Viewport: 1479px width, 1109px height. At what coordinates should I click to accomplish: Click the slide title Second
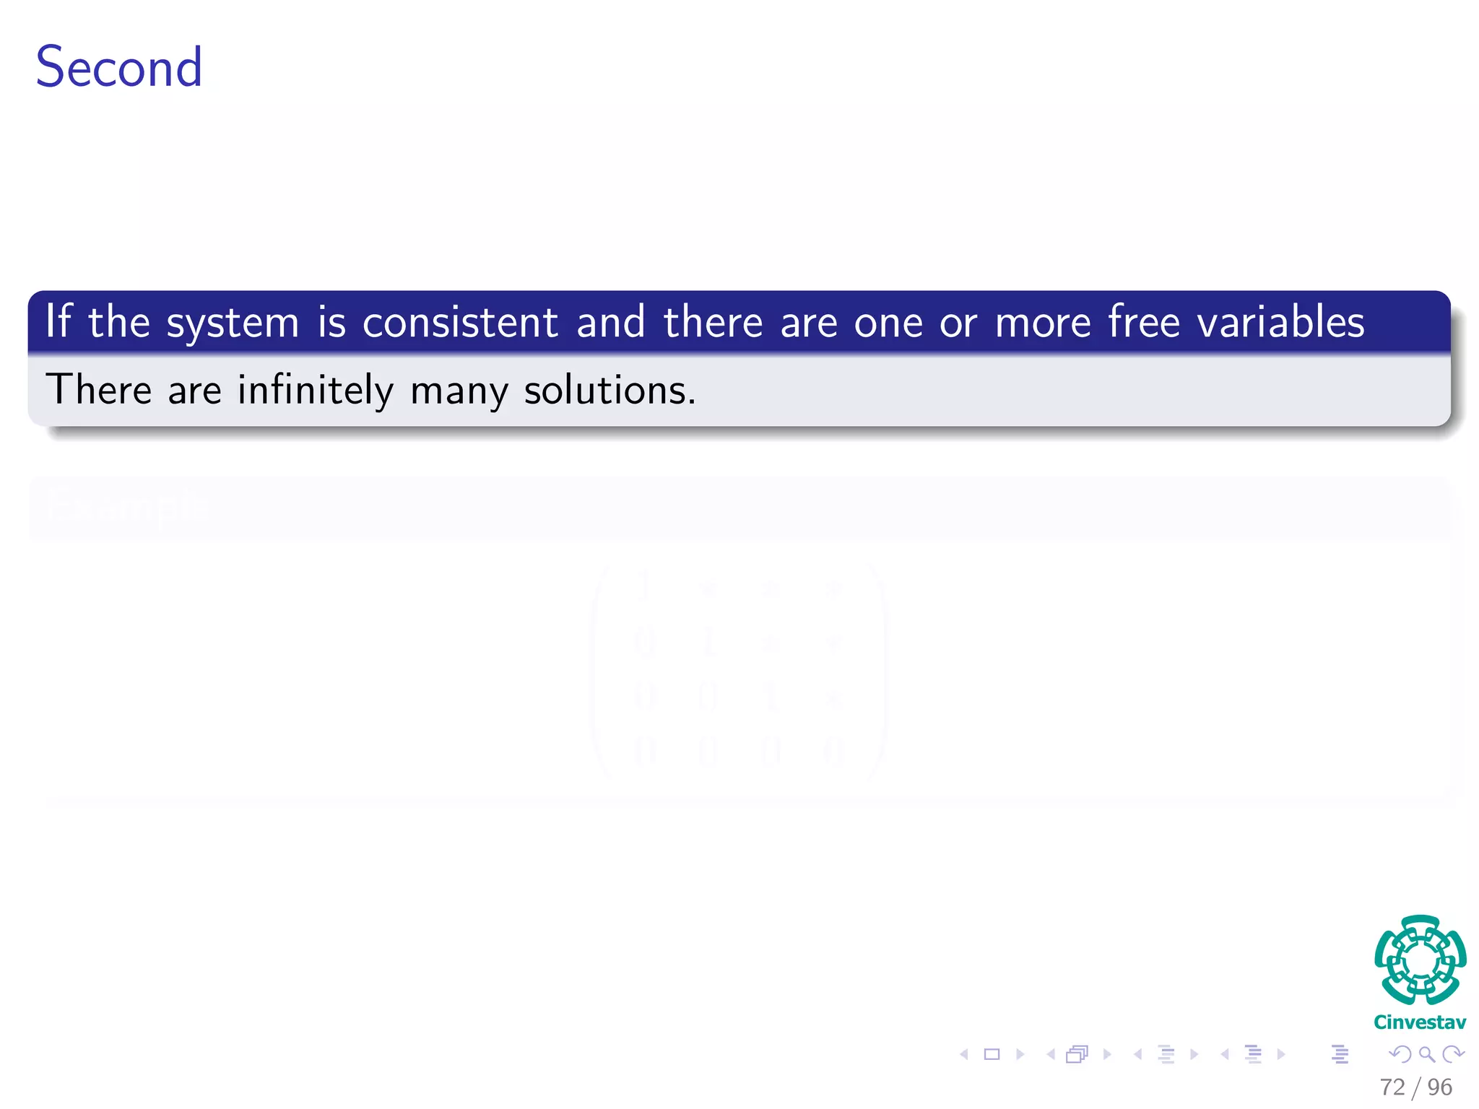[119, 67]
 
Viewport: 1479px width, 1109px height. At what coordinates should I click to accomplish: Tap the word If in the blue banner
[58, 321]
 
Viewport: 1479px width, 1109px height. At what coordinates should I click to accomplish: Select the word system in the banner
[233, 323]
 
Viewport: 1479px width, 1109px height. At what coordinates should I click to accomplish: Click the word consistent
[460, 322]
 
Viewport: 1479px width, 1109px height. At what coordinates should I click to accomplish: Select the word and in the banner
[611, 322]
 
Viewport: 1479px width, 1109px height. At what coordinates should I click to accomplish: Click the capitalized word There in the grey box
[99, 390]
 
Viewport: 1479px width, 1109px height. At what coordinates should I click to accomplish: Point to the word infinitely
[316, 390]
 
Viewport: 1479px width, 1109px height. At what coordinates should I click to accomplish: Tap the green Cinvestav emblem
[1420, 960]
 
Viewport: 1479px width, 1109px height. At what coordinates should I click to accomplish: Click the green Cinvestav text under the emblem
[1420, 1022]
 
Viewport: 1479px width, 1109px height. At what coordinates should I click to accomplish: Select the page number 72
[1392, 1087]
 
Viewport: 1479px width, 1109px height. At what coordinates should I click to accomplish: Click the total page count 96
[1440, 1087]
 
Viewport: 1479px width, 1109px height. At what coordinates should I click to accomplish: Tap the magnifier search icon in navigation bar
[1426, 1055]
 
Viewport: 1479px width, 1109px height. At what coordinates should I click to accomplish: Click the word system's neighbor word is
[331, 322]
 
